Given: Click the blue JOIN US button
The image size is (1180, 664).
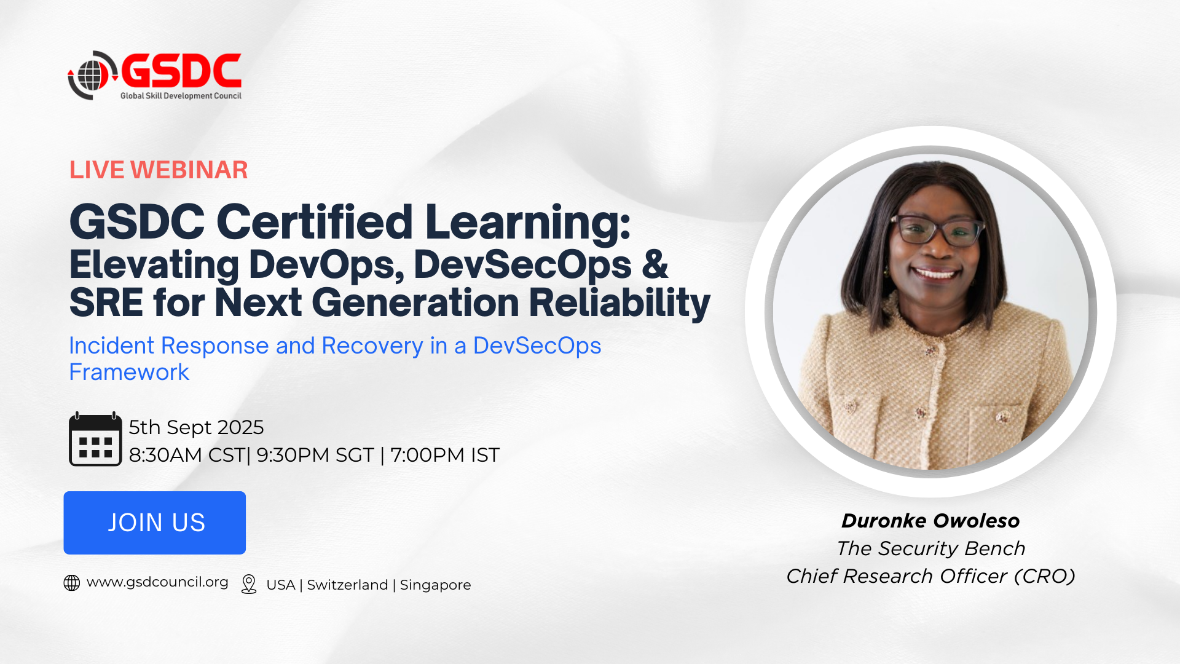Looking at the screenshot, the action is tap(155, 523).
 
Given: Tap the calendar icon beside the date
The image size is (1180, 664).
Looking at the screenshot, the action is tap(95, 439).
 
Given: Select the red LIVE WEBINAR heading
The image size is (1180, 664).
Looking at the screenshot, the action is tap(159, 170).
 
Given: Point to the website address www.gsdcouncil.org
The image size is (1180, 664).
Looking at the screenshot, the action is tap(157, 582).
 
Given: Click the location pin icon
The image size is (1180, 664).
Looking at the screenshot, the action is tap(249, 584).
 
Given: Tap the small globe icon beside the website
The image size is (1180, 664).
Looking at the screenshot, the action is tap(72, 583).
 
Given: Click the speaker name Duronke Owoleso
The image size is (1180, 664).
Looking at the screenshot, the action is tap(930, 521).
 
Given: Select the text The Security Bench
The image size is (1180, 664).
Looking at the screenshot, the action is tap(931, 548).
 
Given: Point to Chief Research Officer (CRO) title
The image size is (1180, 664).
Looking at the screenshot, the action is tap(931, 576).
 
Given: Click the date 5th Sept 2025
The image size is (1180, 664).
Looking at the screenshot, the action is tap(196, 427).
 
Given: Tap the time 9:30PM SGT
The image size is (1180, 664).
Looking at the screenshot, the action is tap(315, 455).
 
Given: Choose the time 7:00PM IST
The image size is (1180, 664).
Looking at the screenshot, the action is tap(445, 455).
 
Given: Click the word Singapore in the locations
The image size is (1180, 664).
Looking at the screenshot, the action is tap(435, 585).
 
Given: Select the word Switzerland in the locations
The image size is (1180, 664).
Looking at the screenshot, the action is tap(347, 585).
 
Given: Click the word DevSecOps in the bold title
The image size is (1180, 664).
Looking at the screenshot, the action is tap(523, 264).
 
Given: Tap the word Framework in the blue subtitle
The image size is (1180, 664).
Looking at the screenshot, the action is tap(129, 372).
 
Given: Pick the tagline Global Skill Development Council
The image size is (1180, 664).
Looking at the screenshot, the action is tap(181, 96).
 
